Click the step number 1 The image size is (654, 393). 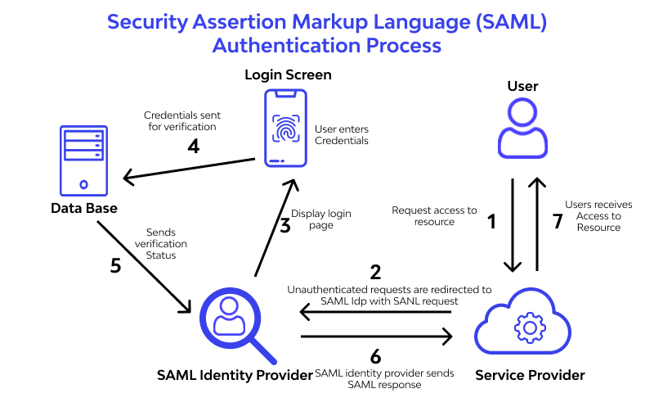pyautogui.click(x=491, y=220)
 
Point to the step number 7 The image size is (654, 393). pyautogui.click(x=557, y=220)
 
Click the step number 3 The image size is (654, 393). pyautogui.click(x=284, y=226)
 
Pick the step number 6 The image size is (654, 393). pyautogui.click(x=375, y=356)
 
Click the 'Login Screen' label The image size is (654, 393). pyautogui.click(x=288, y=75)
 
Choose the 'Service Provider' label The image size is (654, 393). pyautogui.click(x=530, y=375)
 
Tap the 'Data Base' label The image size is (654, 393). pyautogui.click(x=84, y=209)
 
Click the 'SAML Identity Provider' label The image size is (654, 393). pyautogui.click(x=235, y=375)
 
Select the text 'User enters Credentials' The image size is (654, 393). pyautogui.click(x=342, y=135)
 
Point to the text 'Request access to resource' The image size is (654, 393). pyautogui.click(x=434, y=216)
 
